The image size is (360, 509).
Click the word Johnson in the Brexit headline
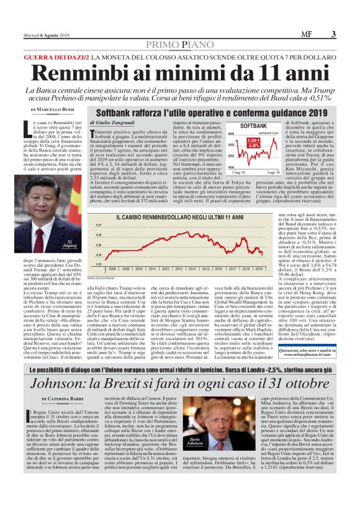tap(56, 366)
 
